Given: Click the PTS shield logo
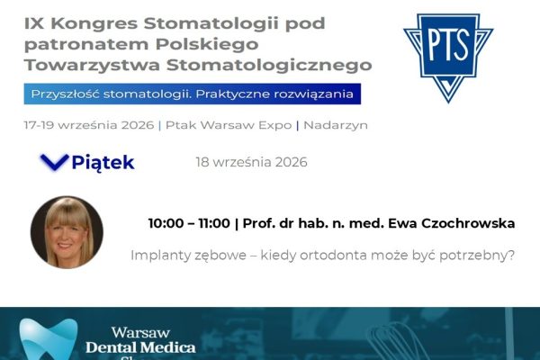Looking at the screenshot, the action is pos(448,58).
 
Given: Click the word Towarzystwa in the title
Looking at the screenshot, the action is pos(92,65).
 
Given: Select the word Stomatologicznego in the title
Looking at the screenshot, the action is pos(269,66).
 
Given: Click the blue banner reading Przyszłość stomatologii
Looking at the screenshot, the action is pos(193,94).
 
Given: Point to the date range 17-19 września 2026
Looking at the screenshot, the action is pos(89,125).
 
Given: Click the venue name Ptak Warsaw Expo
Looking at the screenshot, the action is pos(229,125).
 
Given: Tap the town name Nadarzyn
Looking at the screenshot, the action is pos(336,125).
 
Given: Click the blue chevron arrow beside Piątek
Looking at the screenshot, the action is pos(54,163).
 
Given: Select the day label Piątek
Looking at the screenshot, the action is pos(103,163).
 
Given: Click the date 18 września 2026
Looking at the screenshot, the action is pos(251,162).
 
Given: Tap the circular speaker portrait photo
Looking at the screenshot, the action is pos(67,232).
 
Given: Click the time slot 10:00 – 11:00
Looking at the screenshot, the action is pos(189,223).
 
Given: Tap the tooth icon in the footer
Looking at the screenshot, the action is pos(49,339).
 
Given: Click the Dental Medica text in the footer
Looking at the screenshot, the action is pos(141,347).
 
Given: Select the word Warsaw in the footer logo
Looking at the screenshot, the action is pos(140,333).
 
